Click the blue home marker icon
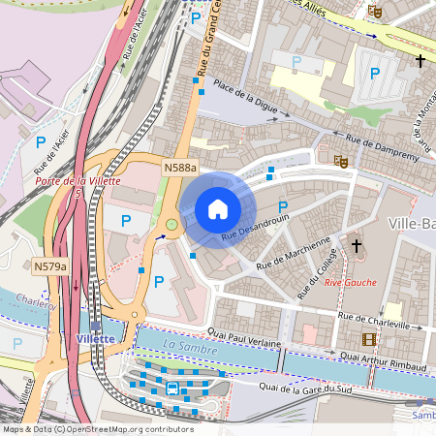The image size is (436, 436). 218,209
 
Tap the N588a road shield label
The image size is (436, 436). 180,169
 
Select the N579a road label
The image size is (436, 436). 51,265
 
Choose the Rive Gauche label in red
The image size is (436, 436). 351,282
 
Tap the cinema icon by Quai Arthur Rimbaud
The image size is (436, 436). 368,338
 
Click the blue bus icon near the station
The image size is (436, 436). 171,389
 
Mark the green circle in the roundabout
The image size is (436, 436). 171,225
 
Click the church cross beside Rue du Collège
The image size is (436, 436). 357,247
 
